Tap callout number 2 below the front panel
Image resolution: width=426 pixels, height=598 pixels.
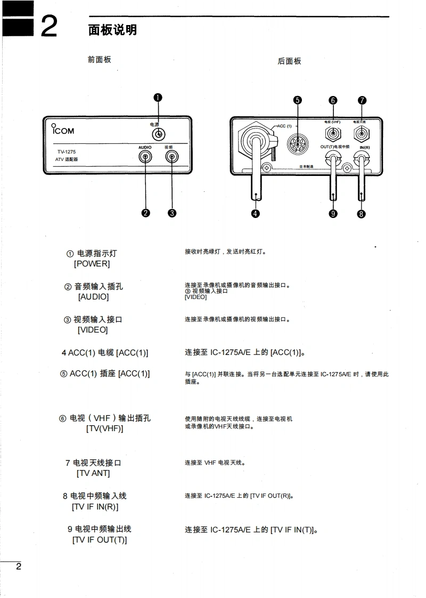coord(145,213)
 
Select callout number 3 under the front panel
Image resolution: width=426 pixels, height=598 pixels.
coord(171,213)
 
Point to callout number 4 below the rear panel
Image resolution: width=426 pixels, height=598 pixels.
coord(256,214)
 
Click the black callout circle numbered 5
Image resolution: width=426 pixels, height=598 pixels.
coord(298,100)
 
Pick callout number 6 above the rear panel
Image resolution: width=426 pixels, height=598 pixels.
coord(333,100)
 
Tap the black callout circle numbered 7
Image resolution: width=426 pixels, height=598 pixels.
coord(362,100)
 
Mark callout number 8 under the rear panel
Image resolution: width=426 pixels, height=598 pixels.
coord(362,214)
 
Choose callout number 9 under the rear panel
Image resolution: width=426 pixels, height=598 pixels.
coord(333,214)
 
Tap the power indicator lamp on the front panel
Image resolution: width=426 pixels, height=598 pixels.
coord(158,134)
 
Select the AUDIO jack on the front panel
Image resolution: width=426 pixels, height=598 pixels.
coord(145,157)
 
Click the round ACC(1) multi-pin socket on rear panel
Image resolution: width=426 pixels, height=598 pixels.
coord(297,144)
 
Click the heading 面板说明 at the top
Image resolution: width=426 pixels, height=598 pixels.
coord(112,30)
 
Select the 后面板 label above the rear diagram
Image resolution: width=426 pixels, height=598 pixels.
coord(289,61)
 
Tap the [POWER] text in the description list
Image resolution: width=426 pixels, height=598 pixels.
coord(92,264)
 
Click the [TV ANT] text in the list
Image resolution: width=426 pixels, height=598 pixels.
coord(93,473)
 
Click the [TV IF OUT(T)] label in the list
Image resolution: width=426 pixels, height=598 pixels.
coord(99,540)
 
